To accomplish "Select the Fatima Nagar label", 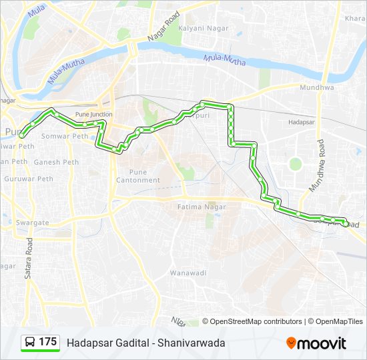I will coord(202,207).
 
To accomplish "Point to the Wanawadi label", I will coord(188,273).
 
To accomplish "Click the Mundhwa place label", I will coord(316,87).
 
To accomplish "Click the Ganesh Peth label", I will coord(56,162).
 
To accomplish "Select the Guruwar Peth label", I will coord(29,179).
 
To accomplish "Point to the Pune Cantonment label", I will coord(138,175).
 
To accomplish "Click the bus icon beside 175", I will coord(30,343).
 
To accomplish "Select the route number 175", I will coord(47,342).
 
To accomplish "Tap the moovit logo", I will coord(316,343).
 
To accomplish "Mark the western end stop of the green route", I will coord(22,135).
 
